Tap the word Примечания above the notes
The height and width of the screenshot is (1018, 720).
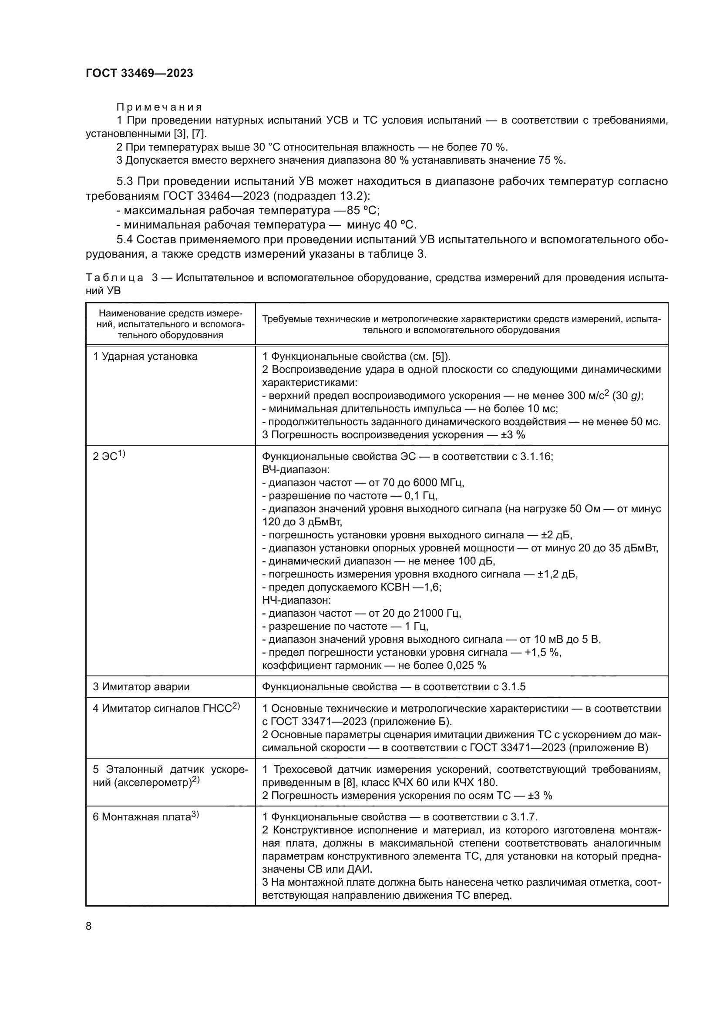click(x=159, y=108)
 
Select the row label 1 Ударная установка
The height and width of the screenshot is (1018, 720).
click(x=145, y=356)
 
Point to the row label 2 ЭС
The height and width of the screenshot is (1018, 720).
click(x=109, y=456)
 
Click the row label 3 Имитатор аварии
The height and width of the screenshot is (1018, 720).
click(x=141, y=687)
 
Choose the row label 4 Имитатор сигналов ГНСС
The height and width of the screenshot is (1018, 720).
click(x=166, y=708)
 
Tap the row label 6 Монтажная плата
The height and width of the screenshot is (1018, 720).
click(x=145, y=816)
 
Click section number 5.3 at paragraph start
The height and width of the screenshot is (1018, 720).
click(x=125, y=181)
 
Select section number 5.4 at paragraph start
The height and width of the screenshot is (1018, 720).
click(x=125, y=240)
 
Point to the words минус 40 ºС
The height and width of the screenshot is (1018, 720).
click(x=381, y=225)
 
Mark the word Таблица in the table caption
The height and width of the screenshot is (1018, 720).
click(x=114, y=278)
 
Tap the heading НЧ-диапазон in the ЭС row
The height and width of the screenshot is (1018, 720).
click(x=296, y=600)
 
